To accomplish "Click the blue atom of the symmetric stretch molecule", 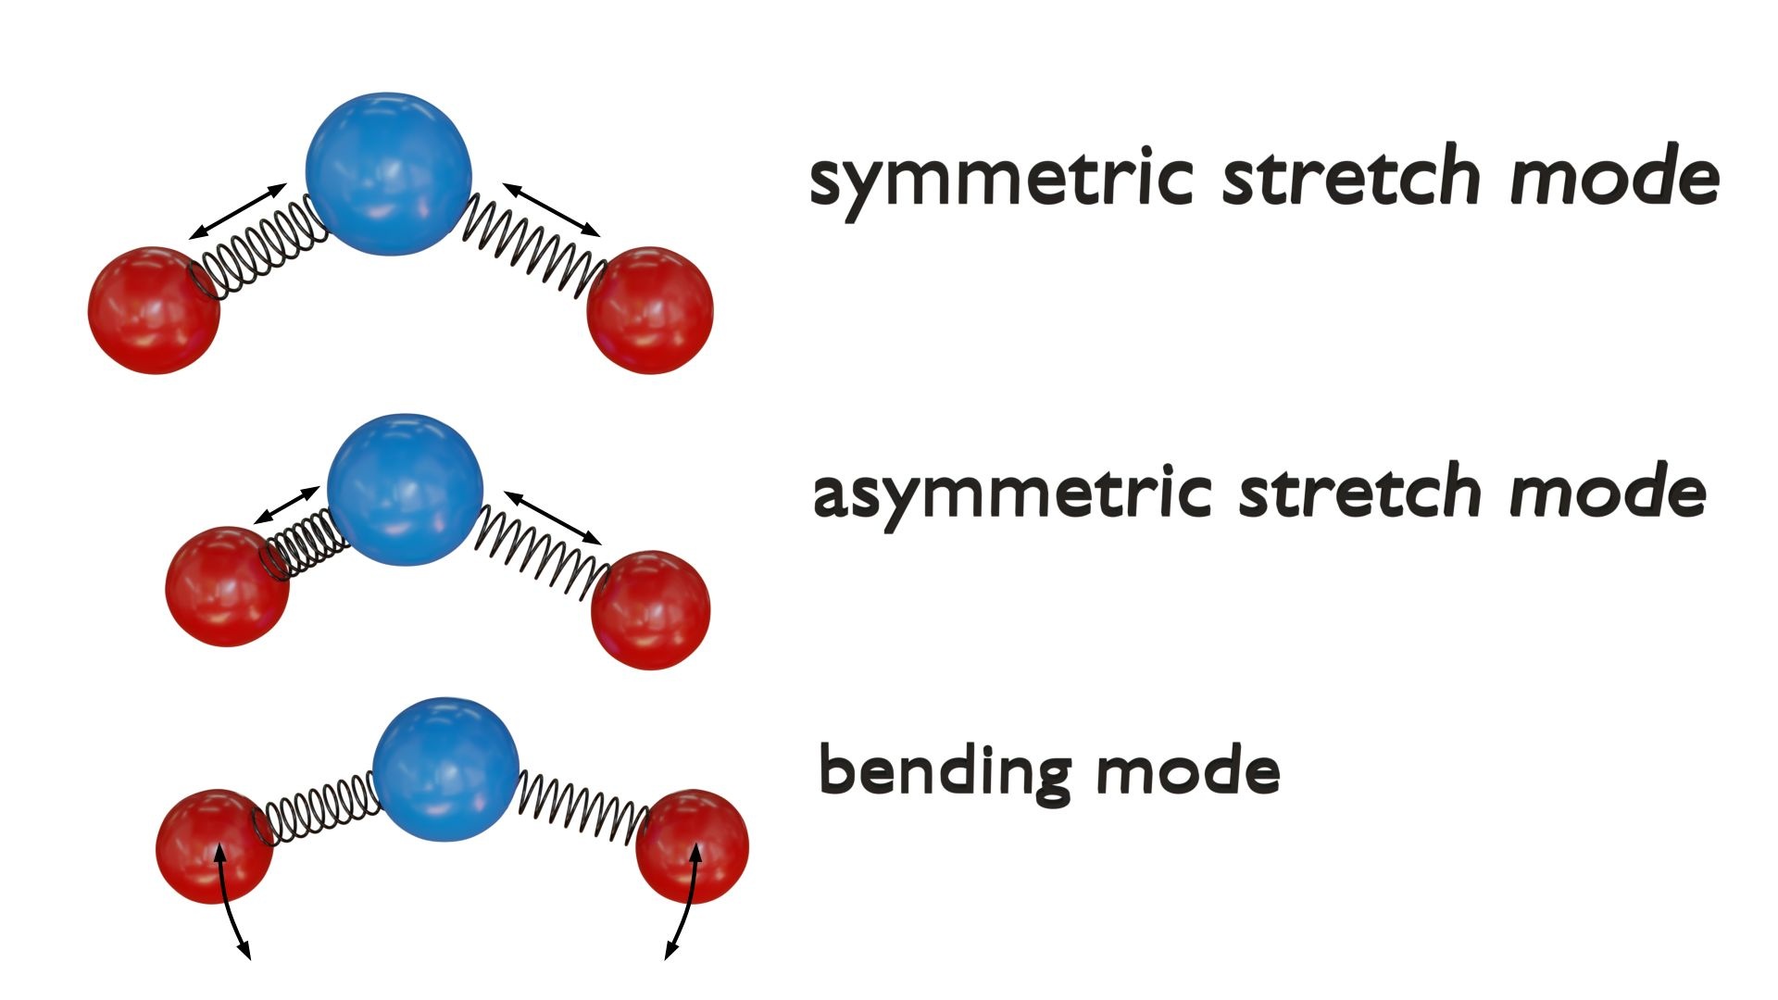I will click(388, 173).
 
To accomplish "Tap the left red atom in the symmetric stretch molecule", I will click(154, 309).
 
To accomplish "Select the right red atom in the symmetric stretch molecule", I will click(650, 309).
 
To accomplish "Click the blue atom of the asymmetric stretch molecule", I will click(405, 489).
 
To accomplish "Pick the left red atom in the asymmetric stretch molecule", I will click(227, 586).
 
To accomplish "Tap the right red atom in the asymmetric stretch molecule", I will click(650, 609).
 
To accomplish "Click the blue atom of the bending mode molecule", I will click(445, 769).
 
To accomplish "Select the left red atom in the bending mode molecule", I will click(214, 844).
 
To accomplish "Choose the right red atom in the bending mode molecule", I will click(693, 844).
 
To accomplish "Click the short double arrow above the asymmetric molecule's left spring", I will click(286, 505).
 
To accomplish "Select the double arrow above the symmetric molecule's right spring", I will click(551, 208).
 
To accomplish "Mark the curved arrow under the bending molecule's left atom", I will click(232, 903).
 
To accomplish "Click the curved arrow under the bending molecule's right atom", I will click(683, 903).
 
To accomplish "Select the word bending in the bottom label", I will click(945, 771).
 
